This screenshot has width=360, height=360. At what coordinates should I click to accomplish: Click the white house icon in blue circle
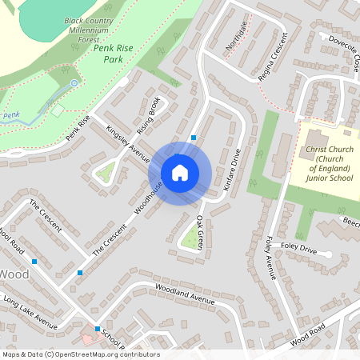[x=180, y=172]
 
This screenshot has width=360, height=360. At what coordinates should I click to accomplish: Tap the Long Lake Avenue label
[x=30, y=313]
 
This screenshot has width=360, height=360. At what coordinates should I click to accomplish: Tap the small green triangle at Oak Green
[x=190, y=239]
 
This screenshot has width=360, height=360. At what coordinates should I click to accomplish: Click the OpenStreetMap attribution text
[x=81, y=354]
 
